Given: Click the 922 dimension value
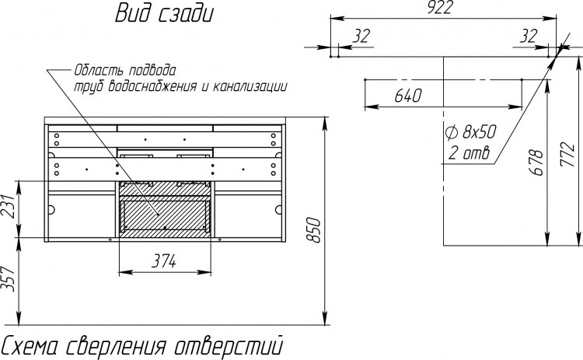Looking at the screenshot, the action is pyautogui.click(x=439, y=8).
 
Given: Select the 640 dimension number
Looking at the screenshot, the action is pyautogui.click(x=408, y=96).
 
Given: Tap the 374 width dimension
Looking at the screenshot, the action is pyautogui.click(x=164, y=261).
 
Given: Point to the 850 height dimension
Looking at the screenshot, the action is pyautogui.click(x=315, y=230).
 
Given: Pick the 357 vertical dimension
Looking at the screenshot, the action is pyautogui.click(x=9, y=279).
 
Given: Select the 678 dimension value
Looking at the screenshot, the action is pyautogui.click(x=536, y=163).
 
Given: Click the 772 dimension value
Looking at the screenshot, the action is pyautogui.click(x=568, y=154).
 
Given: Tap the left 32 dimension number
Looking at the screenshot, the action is pyautogui.click(x=361, y=36).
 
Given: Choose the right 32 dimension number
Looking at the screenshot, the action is pyautogui.click(x=529, y=36).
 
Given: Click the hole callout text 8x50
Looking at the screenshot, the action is pyautogui.click(x=480, y=132).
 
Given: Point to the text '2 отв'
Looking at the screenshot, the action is pyautogui.click(x=469, y=152).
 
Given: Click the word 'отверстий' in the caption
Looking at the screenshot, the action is pyautogui.click(x=229, y=346).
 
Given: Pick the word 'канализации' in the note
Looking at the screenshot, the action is pyautogui.click(x=250, y=86).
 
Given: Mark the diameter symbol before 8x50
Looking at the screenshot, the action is pyautogui.click(x=451, y=132).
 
